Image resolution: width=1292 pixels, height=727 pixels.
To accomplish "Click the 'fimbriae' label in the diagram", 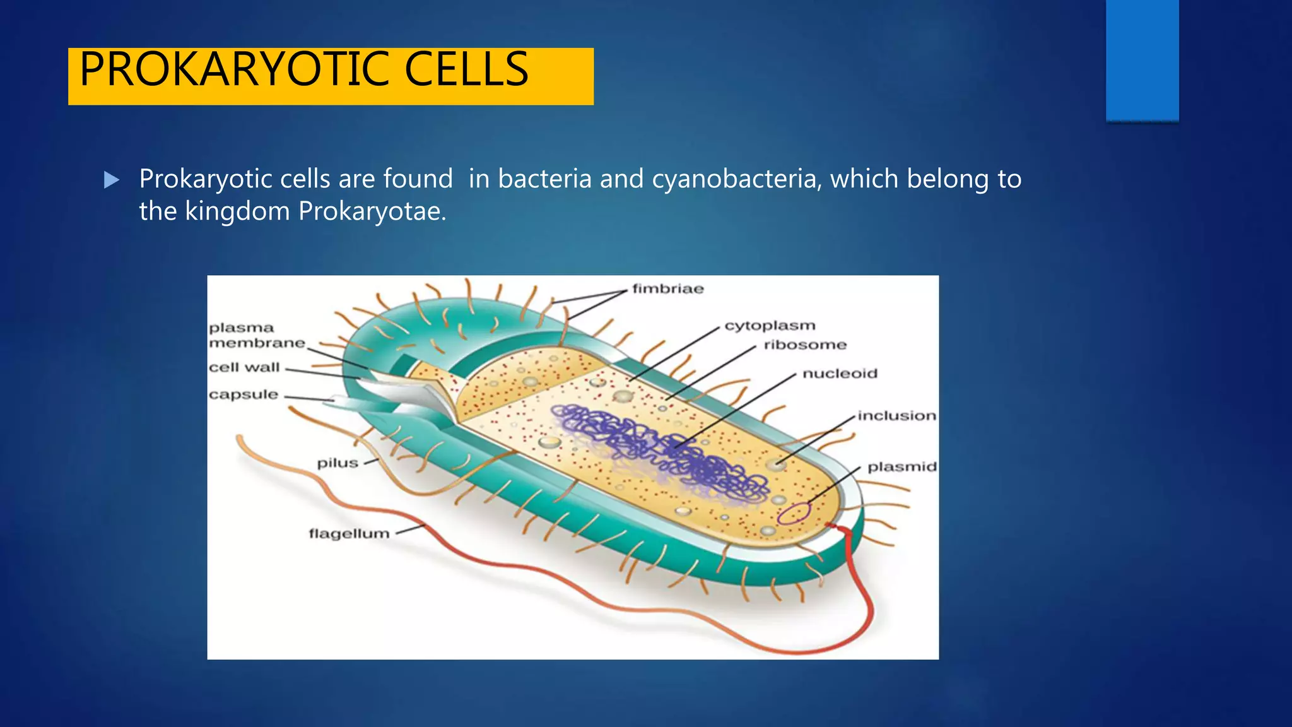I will coord(667,289).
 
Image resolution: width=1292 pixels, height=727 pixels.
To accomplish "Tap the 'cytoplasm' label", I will coord(770,326).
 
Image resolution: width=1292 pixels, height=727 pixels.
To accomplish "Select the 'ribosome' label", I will coord(805,345).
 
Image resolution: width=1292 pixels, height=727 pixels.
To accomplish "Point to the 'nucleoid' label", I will coord(840,374).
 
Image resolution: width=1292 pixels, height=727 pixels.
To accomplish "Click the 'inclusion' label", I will coord(896,416).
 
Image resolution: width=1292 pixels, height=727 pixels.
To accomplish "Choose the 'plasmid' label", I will coord(901,467).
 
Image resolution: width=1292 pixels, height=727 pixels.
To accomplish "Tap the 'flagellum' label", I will coord(349,534).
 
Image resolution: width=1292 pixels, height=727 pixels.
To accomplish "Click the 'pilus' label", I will coord(338,463).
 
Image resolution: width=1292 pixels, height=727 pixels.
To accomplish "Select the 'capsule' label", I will coord(244,394).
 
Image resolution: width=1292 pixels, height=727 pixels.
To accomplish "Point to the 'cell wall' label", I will coord(244,367).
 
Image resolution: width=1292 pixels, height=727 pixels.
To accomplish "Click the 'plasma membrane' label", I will coord(256,336).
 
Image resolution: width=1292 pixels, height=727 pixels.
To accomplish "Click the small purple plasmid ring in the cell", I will coord(793,513).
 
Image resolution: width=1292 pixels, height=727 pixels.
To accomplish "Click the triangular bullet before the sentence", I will coord(112,180).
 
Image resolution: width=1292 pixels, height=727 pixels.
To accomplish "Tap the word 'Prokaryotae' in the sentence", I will coord(372,211).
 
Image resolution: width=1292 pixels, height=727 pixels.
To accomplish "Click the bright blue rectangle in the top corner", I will coord(1142,60).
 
